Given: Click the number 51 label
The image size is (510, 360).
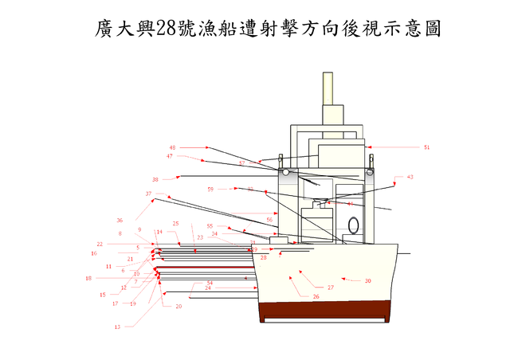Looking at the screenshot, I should [x=426, y=147].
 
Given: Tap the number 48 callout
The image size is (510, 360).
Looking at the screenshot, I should [x=172, y=147].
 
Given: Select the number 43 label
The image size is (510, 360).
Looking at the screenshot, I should [x=410, y=177].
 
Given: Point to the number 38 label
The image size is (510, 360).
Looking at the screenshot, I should [x=155, y=179].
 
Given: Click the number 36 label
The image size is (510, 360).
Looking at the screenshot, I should [x=120, y=221].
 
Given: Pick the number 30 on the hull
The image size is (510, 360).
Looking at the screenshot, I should [x=367, y=280].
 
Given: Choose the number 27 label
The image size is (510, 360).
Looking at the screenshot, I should [x=330, y=287].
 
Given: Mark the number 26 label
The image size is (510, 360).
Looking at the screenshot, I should [x=316, y=296].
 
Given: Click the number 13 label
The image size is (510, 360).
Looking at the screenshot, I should [x=117, y=327].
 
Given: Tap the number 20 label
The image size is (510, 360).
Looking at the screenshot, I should [x=178, y=307].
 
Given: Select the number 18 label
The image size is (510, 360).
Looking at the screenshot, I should [x=88, y=278].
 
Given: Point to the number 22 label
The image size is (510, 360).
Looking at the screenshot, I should [x=100, y=244].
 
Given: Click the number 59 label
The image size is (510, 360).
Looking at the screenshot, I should [x=210, y=189].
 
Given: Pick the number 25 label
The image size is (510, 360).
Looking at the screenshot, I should [x=175, y=224].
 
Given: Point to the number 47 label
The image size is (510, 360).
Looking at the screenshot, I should [x=169, y=156].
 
